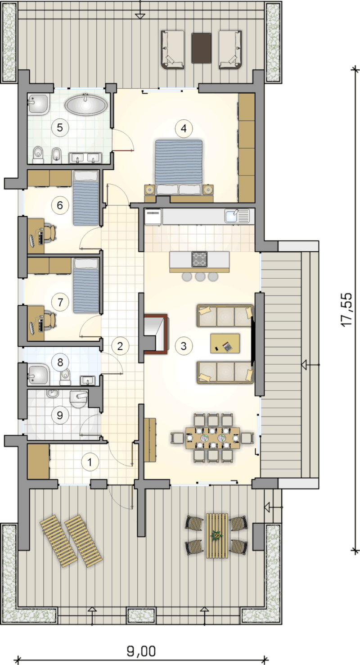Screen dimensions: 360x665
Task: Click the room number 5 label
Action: coord(60,128)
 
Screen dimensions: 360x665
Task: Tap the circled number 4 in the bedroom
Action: coord(184,129)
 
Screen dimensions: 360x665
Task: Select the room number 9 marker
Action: coord(60,415)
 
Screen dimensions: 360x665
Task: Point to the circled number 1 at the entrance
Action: coord(90,462)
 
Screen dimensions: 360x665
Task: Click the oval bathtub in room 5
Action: coord(86,104)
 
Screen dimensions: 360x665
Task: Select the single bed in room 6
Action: coord(86,198)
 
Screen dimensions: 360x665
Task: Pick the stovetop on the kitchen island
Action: coord(199,259)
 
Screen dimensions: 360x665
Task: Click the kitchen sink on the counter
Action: coord(237,216)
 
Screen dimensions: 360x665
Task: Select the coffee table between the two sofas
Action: coord(225,344)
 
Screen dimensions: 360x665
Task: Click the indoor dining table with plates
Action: coord(212,438)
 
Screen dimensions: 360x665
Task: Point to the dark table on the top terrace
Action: coord(202,48)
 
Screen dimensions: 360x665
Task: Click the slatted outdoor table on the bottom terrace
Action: coord(217,536)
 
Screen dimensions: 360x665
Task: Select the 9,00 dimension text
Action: coord(141,651)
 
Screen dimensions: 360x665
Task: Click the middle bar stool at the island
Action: coord(200,277)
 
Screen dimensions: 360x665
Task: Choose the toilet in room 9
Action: coord(78,399)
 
